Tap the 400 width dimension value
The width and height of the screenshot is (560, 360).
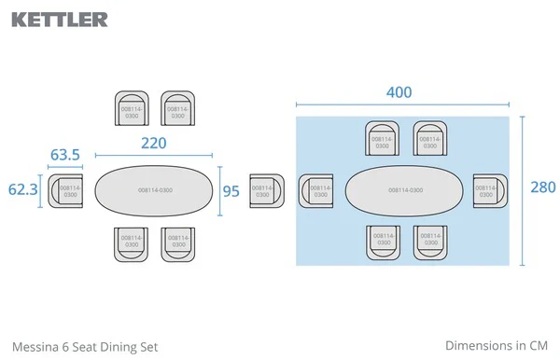(399, 93)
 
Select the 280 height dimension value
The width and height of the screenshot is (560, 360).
(542, 187)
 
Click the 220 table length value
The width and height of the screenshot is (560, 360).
(154, 144)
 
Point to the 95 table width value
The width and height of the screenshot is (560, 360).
(231, 191)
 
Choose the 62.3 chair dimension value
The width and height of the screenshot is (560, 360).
(22, 189)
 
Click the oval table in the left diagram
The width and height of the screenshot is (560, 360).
(154, 190)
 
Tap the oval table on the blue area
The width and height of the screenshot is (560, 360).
(404, 190)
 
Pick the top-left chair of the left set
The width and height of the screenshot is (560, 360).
(131, 109)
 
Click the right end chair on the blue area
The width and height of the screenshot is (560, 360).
(486, 190)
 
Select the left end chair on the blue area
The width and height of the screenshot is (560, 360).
(318, 191)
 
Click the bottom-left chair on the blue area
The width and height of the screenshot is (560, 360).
(382, 241)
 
